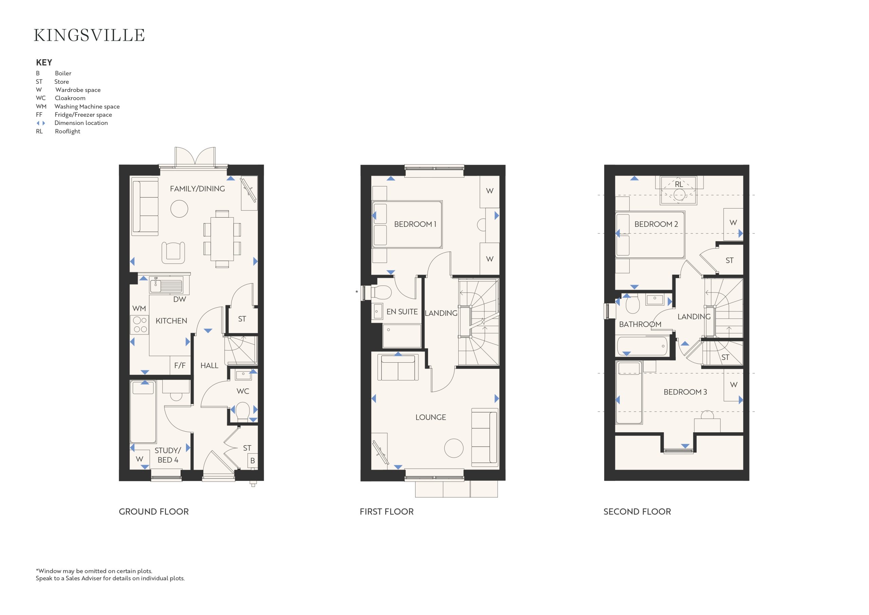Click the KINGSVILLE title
pos(89,35)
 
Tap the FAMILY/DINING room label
pos(197,188)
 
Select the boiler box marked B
pos(253,460)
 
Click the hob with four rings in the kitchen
pos(140,325)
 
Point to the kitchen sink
pos(166,285)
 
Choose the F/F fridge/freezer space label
pos(180,365)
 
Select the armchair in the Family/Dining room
pos(173,252)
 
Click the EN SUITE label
pos(402,312)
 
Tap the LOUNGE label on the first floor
pos(431,417)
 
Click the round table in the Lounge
pos(454,448)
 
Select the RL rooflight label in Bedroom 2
pos(679,184)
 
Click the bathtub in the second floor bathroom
pos(642,346)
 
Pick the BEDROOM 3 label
pos(685,392)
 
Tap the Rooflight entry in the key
pos(67,131)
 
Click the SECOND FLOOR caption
pos(637,512)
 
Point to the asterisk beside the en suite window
pos(356,292)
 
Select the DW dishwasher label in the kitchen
pos(180,299)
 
